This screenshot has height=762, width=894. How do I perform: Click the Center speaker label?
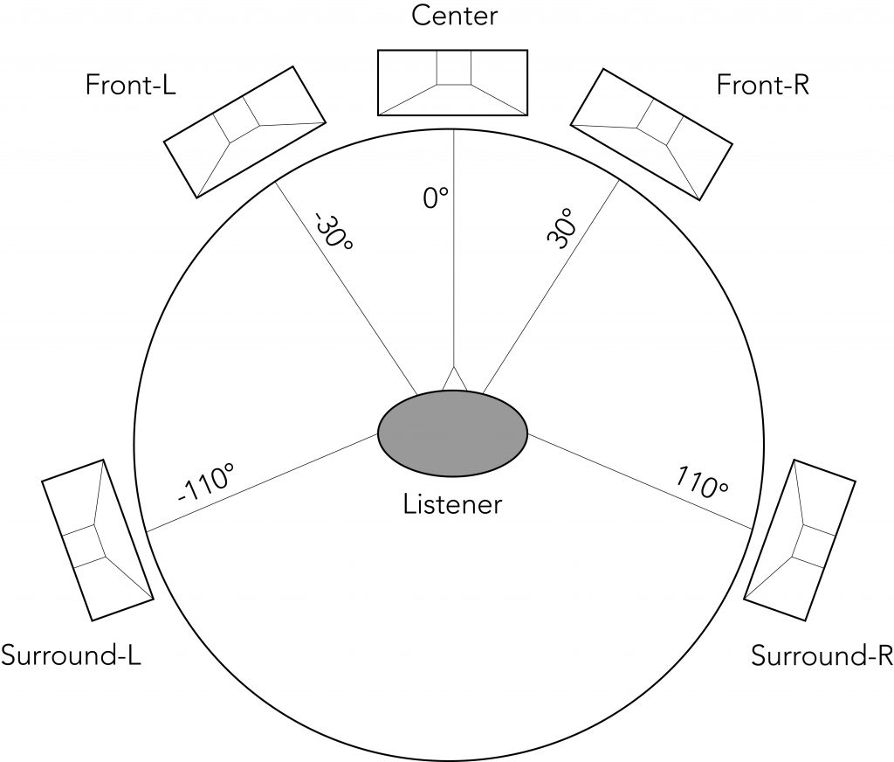coord(454,16)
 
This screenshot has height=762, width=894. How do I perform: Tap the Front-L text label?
coord(131,86)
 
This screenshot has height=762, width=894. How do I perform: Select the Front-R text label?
coord(762,86)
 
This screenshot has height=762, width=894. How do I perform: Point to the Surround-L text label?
coord(71,656)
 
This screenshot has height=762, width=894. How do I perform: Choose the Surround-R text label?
coord(822,656)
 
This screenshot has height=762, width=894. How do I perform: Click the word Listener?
coord(453,504)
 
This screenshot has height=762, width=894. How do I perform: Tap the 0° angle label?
coord(436,198)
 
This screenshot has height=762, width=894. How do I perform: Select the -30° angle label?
coord(334,232)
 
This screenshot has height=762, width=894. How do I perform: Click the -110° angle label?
coord(206,483)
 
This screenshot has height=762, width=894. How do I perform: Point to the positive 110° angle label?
coord(702,482)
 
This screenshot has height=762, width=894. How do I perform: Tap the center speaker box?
coord(453,83)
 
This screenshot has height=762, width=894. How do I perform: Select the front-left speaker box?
coord(245,132)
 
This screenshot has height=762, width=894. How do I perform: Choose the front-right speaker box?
coord(651,135)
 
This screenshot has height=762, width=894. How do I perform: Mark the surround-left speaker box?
coord(98,540)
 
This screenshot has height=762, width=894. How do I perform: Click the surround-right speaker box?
coord(800,540)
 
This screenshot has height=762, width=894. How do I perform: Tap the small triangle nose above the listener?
coord(453,379)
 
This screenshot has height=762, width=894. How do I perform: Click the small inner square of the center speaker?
coord(454,67)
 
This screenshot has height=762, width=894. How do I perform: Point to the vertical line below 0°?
coord(453,248)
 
